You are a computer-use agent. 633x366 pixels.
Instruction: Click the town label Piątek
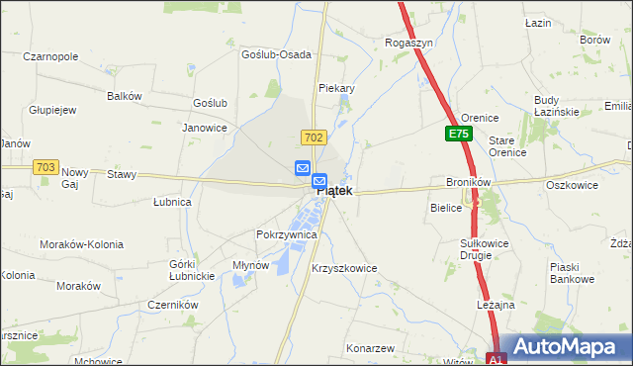point(333,192)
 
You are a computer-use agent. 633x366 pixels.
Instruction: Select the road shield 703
point(45,168)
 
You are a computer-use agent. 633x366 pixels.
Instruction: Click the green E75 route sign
point(457,133)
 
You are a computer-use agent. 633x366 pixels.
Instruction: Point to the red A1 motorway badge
point(497,359)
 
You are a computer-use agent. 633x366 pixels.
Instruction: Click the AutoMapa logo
point(569,346)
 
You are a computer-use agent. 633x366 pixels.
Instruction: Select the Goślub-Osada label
point(277,54)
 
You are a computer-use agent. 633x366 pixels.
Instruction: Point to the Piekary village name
point(336,88)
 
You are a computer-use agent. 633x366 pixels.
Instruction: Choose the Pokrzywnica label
point(286,235)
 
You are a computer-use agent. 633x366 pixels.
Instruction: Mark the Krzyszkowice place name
point(344,268)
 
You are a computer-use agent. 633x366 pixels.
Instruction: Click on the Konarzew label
point(371,349)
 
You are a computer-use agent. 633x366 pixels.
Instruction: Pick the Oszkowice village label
point(574,184)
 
